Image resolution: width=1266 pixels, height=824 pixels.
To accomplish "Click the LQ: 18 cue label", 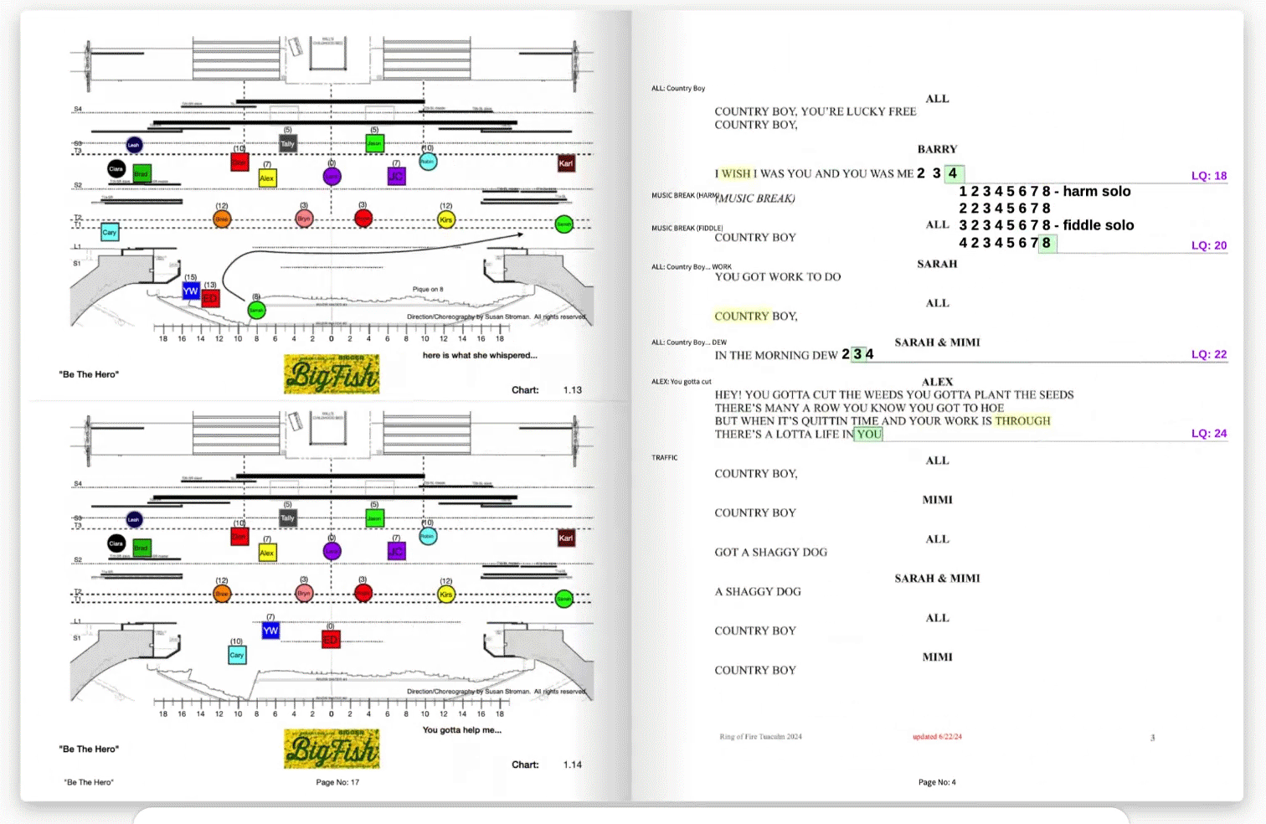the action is tap(1208, 176).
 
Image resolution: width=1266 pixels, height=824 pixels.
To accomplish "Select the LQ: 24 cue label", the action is tap(1208, 434).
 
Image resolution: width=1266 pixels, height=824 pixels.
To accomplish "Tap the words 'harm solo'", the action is tap(1097, 192).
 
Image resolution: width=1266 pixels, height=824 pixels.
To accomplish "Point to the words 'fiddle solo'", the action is tap(1099, 225).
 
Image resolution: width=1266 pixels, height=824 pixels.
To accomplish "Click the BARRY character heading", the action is tap(937, 150).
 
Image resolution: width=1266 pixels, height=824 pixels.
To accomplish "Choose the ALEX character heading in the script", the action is tap(937, 382).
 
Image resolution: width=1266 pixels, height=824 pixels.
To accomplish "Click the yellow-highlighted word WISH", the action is tap(736, 174).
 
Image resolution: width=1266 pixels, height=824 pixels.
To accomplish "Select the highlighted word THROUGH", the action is tap(1022, 421).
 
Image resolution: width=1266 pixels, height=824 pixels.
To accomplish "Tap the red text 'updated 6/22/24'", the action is tap(937, 737).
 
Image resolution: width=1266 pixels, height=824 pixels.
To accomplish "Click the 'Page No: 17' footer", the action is tap(337, 782).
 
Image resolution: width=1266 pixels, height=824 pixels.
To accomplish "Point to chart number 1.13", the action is tap(573, 390).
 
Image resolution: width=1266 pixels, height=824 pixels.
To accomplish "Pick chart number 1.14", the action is tap(573, 765).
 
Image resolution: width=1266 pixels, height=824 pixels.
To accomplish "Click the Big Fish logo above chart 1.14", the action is tap(332, 748).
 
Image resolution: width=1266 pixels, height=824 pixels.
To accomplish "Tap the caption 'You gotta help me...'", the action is tap(462, 730).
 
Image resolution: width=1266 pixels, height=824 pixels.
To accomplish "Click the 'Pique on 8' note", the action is tap(428, 290).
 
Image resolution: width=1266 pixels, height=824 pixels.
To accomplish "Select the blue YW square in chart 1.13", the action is tap(191, 291).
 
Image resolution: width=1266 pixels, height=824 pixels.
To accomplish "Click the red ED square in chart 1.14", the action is tap(331, 640).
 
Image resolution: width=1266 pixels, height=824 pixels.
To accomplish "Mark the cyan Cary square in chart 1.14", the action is tap(237, 655).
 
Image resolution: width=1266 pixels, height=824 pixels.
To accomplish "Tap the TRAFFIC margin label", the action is tap(665, 458).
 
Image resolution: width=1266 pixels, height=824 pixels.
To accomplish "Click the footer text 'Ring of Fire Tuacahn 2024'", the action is tap(760, 737).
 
